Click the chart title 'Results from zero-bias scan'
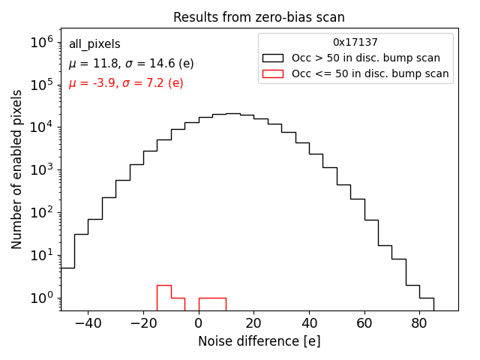(x=259, y=17)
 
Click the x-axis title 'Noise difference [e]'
(x=259, y=341)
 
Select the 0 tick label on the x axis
(x=199, y=323)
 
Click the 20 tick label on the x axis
(x=253, y=323)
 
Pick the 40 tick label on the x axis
(x=309, y=323)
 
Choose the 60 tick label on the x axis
(x=364, y=323)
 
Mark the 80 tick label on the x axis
(x=419, y=323)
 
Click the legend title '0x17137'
(x=355, y=43)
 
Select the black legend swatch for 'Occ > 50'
(x=274, y=58)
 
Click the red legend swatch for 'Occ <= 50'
(x=274, y=73)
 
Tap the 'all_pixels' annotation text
(x=94, y=44)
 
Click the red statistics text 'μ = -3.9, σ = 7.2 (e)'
(x=126, y=83)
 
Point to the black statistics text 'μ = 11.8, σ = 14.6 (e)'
(x=130, y=64)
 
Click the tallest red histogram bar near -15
(x=163, y=298)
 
